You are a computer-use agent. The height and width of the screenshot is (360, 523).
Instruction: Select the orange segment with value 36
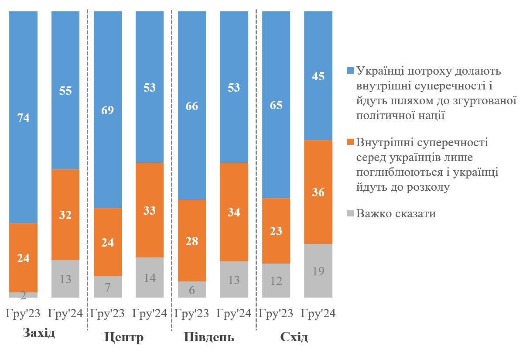tap(318, 192)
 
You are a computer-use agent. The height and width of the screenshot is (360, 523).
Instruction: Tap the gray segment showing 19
tap(318, 271)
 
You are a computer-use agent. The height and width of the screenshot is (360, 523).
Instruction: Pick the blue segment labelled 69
tap(107, 110)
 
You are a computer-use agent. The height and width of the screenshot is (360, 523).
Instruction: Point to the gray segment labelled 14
tap(150, 278)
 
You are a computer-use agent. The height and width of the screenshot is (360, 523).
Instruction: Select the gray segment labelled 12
tap(276, 281)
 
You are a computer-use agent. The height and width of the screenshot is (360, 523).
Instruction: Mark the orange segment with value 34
tap(234, 212)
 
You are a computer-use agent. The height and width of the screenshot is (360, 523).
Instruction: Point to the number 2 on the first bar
tap(23, 296)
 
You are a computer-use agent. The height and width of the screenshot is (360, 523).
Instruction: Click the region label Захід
tap(39, 333)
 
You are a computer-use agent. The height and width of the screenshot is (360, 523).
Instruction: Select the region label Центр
tap(124, 337)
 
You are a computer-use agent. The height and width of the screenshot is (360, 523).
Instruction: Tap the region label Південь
tap(209, 337)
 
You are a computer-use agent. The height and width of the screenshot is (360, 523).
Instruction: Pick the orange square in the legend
tap(350, 143)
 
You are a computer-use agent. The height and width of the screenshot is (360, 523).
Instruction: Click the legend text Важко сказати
tap(396, 214)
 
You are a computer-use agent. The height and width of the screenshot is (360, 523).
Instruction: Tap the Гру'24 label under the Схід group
tap(318, 314)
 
